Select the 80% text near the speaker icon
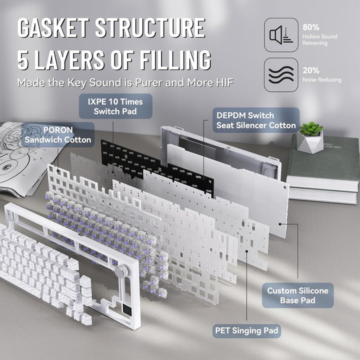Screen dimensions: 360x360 [x=310, y=26]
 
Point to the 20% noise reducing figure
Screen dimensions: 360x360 [x=310, y=70]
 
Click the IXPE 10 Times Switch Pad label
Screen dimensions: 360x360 [x=108, y=106]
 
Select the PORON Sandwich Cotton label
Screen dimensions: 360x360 [x=58, y=134]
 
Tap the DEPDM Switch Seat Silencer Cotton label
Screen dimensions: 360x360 [x=256, y=120]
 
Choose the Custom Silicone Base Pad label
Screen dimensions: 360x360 [x=297, y=295]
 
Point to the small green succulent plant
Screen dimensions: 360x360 [x=310, y=129]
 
